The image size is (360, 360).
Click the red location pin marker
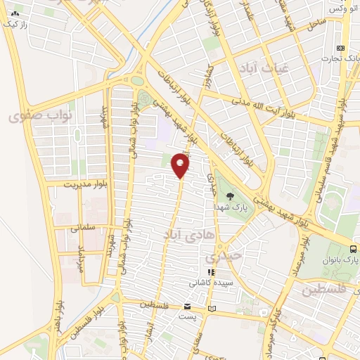(x=181, y=166)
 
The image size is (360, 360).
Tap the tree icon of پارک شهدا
(x=231, y=197)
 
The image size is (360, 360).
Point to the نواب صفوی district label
(x=36, y=115)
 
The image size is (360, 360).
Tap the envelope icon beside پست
(x=187, y=307)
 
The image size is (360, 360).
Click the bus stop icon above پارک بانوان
(x=353, y=248)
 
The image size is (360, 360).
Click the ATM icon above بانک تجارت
(x=341, y=47)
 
